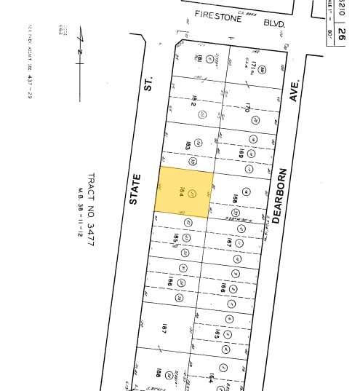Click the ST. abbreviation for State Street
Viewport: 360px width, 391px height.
tap(148, 85)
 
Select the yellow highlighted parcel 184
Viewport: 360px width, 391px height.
tap(185, 191)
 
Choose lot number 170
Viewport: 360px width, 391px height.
tap(248, 108)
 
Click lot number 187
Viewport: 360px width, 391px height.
tap(164, 328)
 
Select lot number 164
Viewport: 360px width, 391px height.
tap(211, 379)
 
